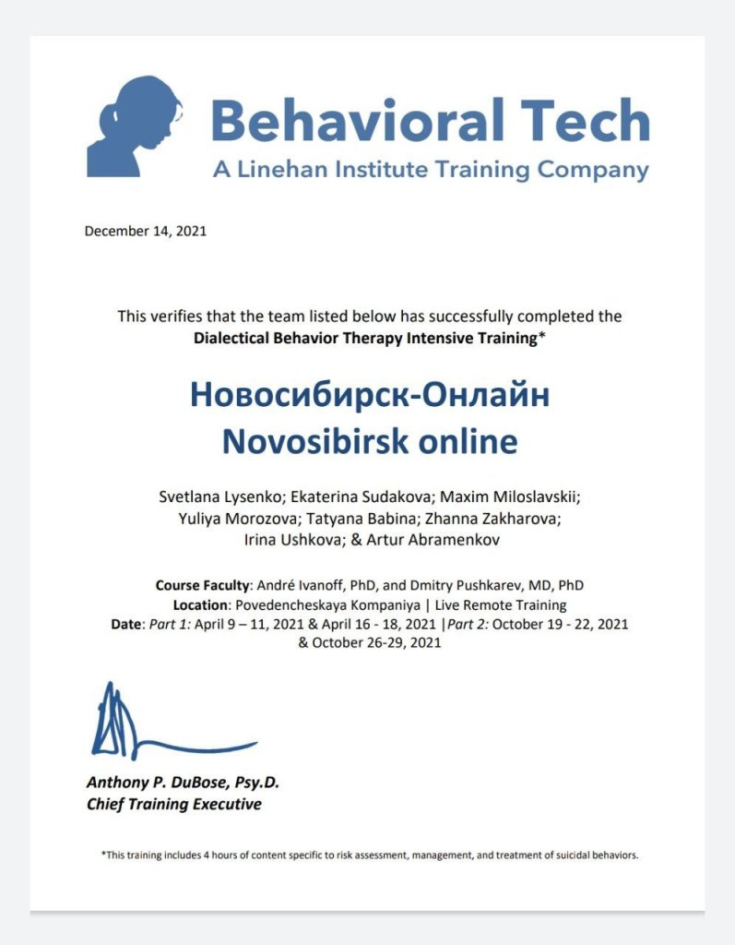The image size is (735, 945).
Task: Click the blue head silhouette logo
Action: (x=135, y=126)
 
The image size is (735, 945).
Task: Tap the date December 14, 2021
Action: (x=145, y=231)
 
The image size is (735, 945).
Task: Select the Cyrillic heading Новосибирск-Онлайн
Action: (x=369, y=395)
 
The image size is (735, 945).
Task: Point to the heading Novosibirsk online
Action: (x=369, y=441)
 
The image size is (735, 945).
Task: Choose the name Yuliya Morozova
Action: (x=237, y=519)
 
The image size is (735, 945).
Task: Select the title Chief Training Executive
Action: (x=173, y=804)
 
